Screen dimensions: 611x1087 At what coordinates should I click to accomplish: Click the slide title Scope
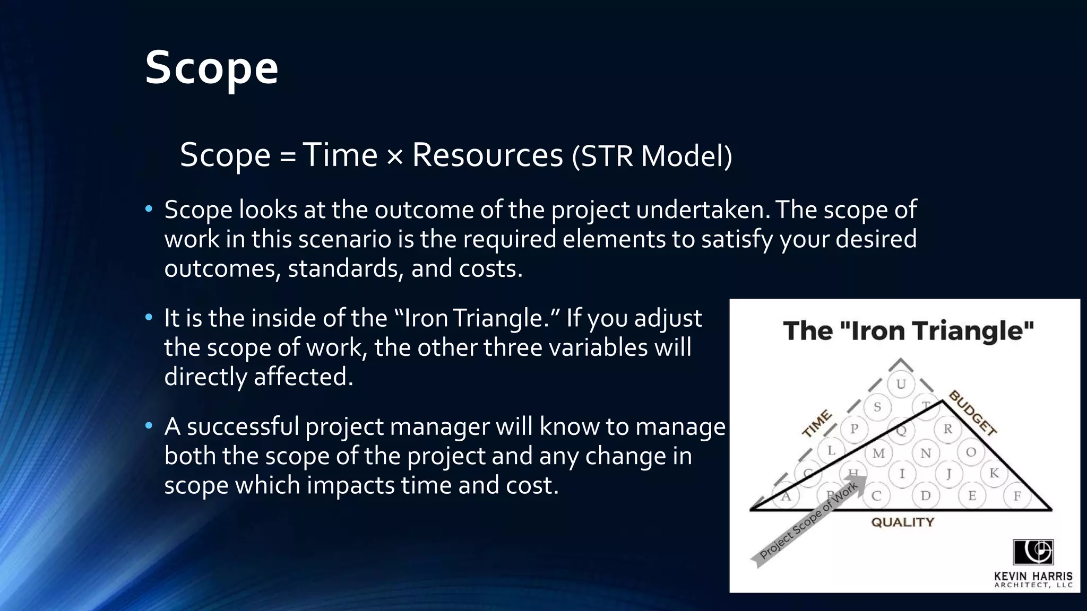coord(211,68)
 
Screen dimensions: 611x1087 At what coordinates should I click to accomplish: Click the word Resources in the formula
coord(487,155)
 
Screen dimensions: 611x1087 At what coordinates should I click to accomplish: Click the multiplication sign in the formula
coord(395,157)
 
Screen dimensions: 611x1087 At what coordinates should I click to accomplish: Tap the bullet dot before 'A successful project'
coord(149,425)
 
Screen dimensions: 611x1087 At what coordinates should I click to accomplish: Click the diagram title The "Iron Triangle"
coord(908,331)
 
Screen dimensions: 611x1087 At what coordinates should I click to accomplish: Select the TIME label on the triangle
coord(816,424)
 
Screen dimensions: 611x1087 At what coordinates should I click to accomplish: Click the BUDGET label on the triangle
coord(972,413)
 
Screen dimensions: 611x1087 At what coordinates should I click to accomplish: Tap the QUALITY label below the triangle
coord(902,522)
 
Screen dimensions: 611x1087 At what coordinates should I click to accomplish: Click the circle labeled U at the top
coord(901,384)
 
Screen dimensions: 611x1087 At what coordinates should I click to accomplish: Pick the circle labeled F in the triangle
coord(1017,496)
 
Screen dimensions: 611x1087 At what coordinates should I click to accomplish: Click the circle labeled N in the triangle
coord(926,453)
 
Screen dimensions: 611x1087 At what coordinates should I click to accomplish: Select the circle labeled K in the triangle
coord(994,473)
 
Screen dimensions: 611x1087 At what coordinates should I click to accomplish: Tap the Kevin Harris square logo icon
coord(1033,552)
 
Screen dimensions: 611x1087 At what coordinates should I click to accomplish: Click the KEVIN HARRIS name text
coord(1033,576)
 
